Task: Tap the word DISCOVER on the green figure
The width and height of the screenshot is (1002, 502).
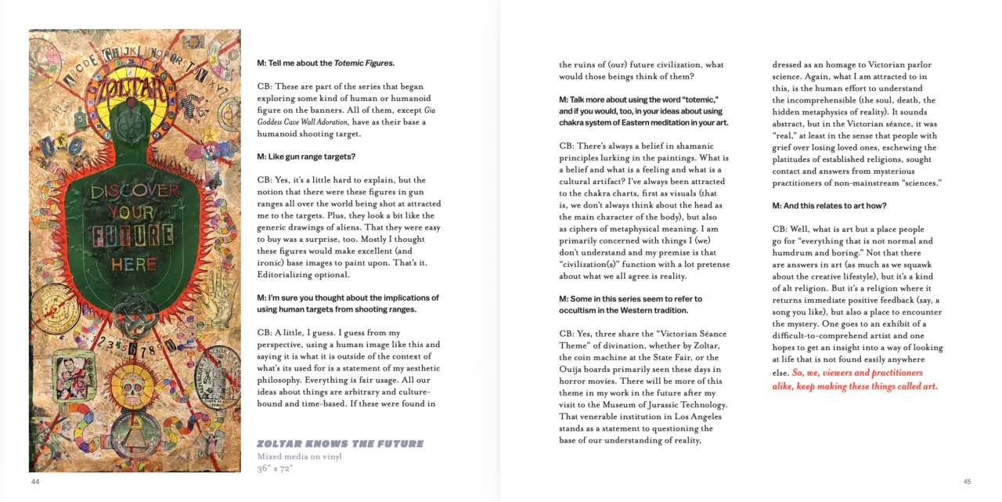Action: coord(135,192)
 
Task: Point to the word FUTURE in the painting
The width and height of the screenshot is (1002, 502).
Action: coord(134,235)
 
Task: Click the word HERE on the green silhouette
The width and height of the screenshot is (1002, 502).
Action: coord(134,265)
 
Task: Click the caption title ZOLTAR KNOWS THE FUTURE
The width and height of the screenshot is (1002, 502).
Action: coord(340,444)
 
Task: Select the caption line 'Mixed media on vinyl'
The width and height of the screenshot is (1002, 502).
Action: coord(300,457)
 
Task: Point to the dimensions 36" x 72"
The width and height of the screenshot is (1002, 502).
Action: coord(275,468)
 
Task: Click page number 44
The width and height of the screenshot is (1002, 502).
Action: coord(35,482)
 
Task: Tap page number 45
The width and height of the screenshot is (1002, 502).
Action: coord(967,482)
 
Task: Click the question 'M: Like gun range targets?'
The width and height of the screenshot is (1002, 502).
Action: coord(306,157)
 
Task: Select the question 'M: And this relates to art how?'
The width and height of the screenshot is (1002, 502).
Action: coord(829,206)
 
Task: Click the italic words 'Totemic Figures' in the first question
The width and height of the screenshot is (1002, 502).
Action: coord(364,63)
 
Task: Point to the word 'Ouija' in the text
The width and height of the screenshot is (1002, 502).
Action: coord(571,370)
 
